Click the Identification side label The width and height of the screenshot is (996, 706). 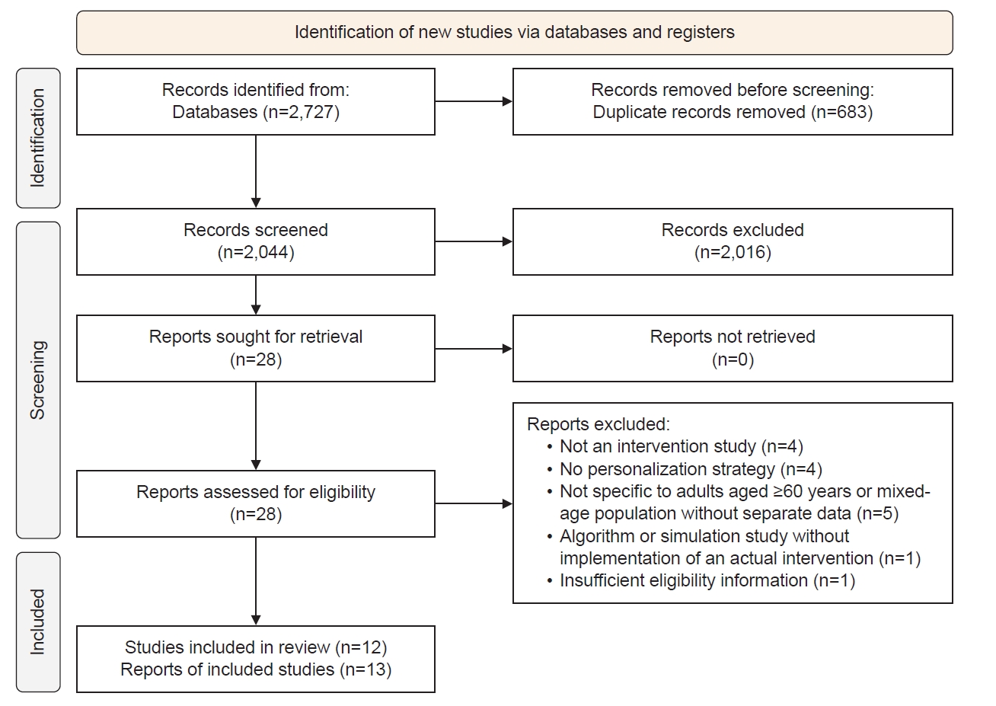[38, 138]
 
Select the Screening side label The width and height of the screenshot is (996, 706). [38, 380]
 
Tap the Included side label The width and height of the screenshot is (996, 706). [38, 622]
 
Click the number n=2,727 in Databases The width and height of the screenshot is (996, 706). [301, 112]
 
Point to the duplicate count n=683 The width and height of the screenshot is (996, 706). [842, 112]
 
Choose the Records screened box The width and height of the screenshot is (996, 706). [256, 242]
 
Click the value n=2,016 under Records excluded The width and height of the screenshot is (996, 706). [733, 253]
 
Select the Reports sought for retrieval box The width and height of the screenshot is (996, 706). [256, 349]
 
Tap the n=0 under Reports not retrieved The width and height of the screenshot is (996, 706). [733, 359]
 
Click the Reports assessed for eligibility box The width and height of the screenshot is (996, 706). [256, 503]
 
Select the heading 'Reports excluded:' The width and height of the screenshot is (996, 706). [598, 424]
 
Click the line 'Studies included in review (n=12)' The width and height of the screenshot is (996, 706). [256, 648]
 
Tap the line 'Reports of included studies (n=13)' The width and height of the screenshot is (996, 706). [256, 670]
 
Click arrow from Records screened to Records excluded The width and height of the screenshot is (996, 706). [474, 241]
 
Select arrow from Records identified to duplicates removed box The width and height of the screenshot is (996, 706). [474, 101]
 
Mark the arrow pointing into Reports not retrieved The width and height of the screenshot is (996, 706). [474, 349]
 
